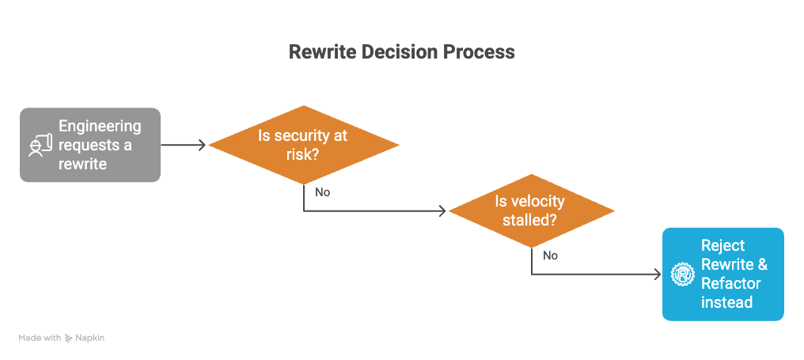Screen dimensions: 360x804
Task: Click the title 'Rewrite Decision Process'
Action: (x=401, y=52)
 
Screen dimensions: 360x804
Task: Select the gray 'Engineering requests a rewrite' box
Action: (x=90, y=145)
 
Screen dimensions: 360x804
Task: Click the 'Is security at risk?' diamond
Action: (x=304, y=145)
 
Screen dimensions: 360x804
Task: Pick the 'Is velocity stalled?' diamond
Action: (x=532, y=210)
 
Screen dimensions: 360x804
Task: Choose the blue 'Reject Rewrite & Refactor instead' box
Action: (x=722, y=274)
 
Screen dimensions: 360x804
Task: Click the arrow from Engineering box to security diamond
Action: (x=183, y=145)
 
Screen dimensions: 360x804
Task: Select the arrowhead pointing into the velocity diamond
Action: (x=442, y=211)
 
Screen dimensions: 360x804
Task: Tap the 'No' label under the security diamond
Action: (x=323, y=192)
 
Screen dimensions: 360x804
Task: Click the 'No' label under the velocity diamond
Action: (x=551, y=256)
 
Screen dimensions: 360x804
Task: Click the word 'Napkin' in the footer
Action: (x=91, y=338)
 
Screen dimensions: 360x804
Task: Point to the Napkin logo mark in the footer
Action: (x=70, y=338)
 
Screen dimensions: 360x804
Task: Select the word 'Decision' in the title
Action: (x=400, y=52)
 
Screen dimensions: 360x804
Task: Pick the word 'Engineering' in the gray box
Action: (x=100, y=127)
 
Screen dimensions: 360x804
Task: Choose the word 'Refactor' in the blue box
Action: (x=731, y=283)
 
